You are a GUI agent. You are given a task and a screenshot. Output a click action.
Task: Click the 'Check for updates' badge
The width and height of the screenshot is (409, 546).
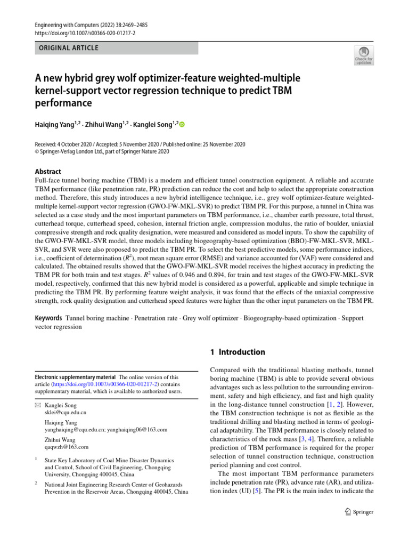click(363, 55)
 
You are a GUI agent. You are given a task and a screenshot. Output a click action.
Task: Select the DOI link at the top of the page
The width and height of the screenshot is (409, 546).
click(77, 33)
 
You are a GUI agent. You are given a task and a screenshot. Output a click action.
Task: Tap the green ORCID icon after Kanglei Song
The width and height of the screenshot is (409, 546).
click(182, 125)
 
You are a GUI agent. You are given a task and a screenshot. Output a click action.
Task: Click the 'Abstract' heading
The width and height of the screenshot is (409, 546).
click(48, 172)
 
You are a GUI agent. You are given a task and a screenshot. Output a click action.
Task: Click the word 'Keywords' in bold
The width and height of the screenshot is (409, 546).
click(48, 318)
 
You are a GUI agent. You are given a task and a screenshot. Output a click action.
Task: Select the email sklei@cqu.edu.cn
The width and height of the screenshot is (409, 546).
click(66, 413)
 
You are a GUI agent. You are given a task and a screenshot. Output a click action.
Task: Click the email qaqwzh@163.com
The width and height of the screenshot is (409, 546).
click(67, 447)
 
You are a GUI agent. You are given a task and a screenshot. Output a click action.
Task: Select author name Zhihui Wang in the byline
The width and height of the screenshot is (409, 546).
click(107, 125)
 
